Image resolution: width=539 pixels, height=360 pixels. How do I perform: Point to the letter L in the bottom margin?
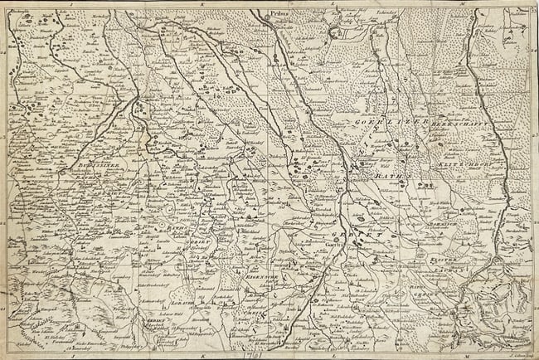pyautogui.click(x=332, y=354)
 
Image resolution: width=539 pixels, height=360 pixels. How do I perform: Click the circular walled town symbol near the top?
pyautogui.click(x=335, y=34)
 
